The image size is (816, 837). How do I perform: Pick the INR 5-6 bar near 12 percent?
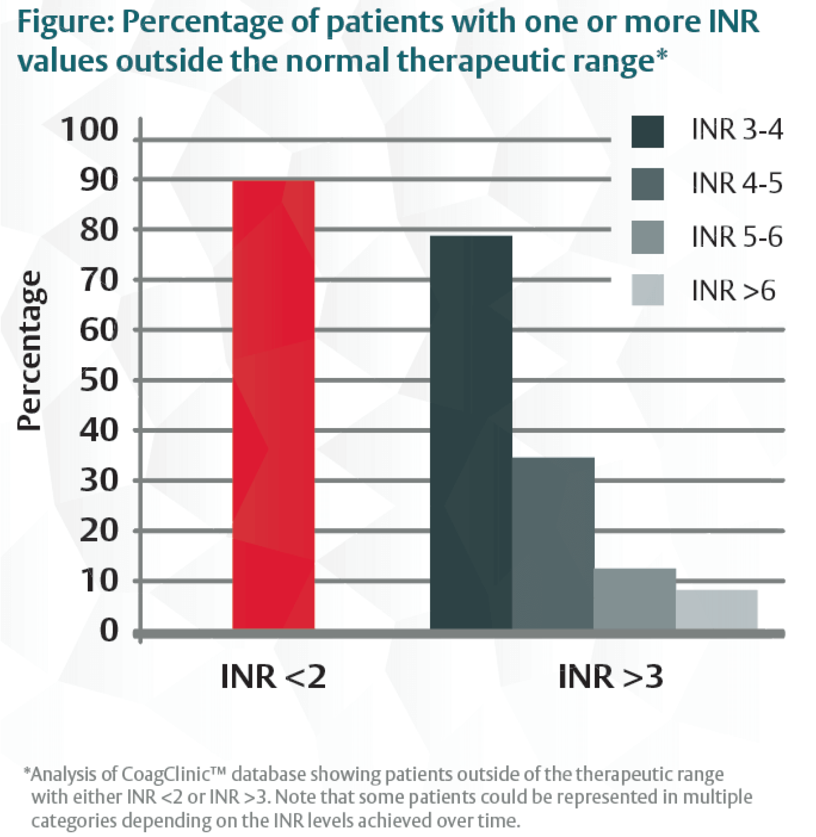(635, 598)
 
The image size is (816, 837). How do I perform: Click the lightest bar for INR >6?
(717, 609)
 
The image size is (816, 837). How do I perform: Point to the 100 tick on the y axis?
(89, 130)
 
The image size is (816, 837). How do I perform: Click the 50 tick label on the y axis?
(98, 381)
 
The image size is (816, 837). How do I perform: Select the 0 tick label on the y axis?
(109, 631)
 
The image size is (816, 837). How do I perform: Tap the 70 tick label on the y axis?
(98, 280)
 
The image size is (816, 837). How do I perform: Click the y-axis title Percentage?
(29, 350)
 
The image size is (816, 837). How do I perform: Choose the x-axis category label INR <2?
(273, 677)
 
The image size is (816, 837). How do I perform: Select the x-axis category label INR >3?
(610, 677)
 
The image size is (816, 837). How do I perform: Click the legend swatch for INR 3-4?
(647, 131)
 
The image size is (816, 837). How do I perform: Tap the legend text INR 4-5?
(737, 183)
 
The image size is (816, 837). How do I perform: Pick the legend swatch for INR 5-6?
(647, 237)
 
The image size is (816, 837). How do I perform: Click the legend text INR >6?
(733, 290)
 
